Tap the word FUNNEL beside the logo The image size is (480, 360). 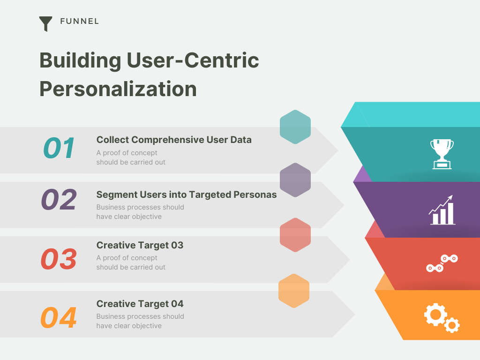(79, 21)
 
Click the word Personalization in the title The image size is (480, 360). (118, 89)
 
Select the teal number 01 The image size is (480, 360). (59, 148)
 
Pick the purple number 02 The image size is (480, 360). (59, 200)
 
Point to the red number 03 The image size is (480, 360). (59, 259)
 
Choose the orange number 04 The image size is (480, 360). (59, 318)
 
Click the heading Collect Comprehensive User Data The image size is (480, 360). (174, 140)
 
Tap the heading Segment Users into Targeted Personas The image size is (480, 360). (187, 195)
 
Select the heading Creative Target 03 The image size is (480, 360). (140, 245)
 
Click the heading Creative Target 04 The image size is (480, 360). (140, 304)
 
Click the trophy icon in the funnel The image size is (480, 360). (442, 154)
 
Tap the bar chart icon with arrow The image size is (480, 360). (442, 210)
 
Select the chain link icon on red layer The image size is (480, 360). (442, 263)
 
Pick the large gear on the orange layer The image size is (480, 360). (435, 314)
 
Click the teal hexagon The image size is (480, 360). (295, 127)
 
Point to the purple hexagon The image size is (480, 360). (295, 180)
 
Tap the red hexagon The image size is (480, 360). (295, 235)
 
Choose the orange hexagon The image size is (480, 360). (294, 291)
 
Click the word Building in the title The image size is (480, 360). (80, 60)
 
